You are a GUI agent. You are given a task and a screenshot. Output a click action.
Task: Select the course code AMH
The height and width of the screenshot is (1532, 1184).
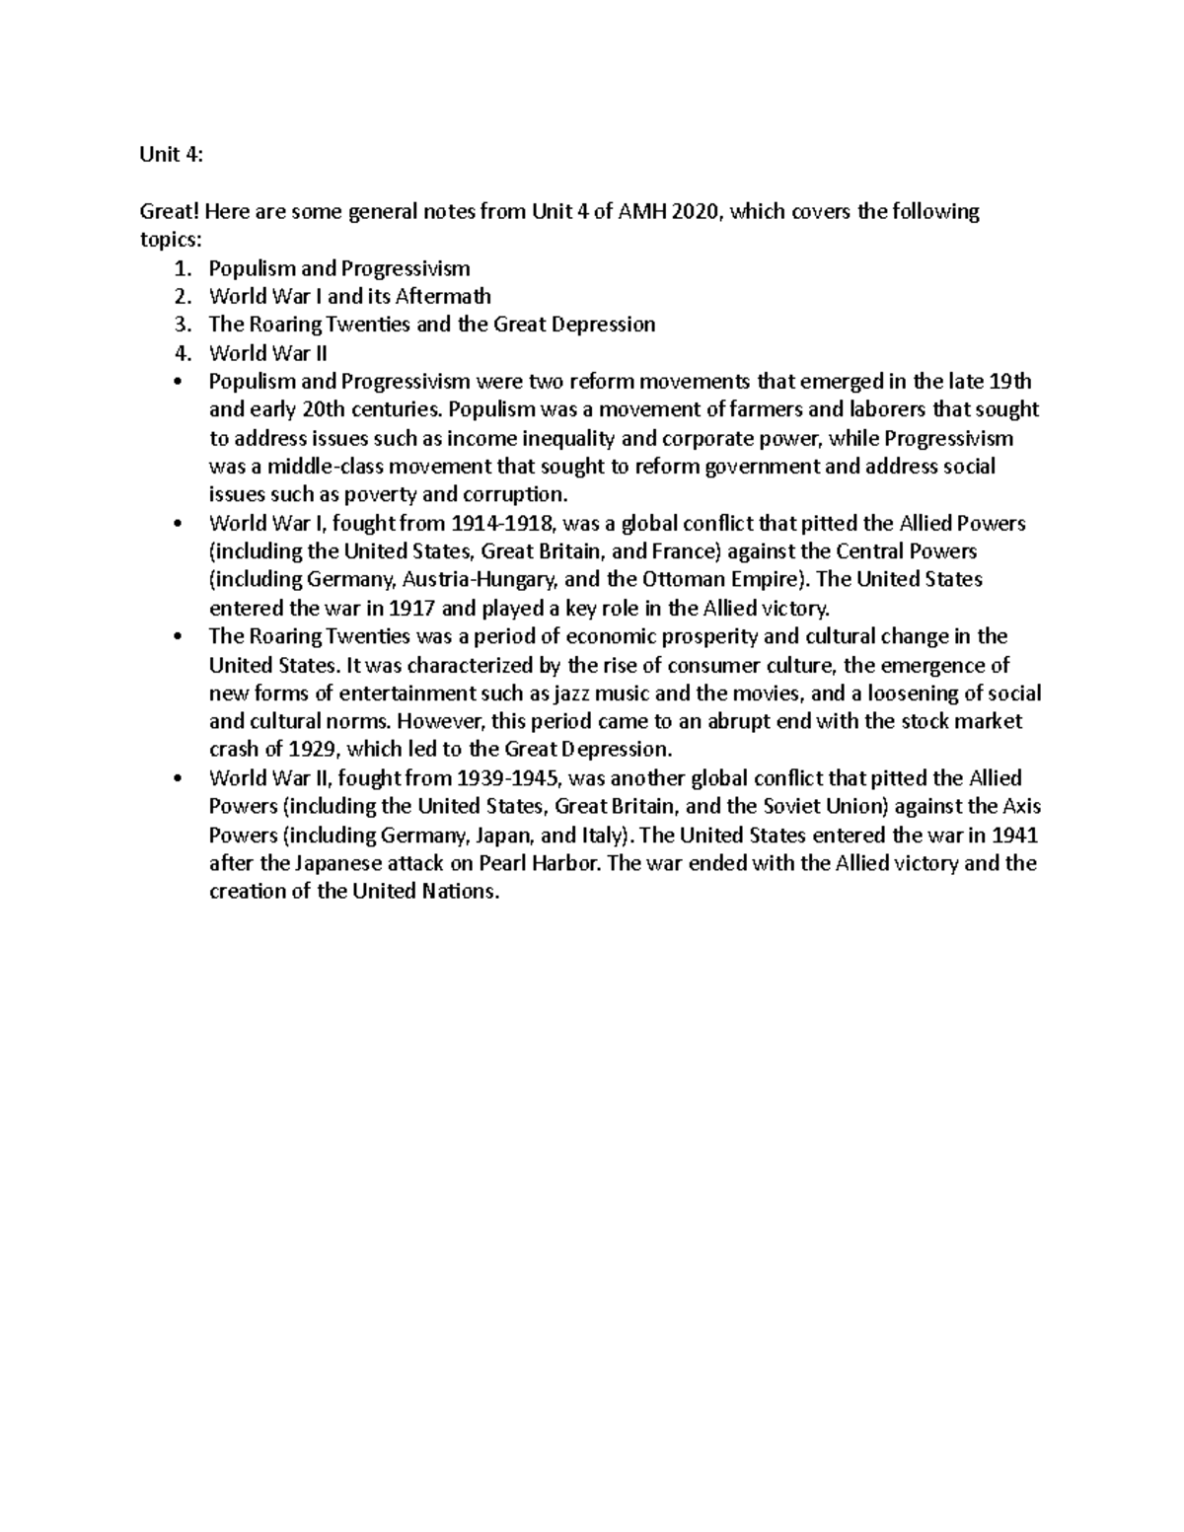coord(629,212)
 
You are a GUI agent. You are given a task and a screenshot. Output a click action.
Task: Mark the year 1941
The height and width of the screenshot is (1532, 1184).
coord(1015,835)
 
